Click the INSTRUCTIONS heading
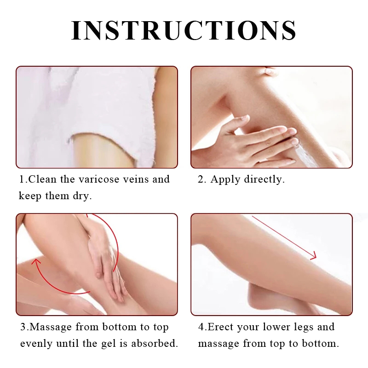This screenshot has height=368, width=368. coord(184,30)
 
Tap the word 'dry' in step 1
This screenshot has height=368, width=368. coord(82,196)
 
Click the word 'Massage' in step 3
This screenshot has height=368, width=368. coord(51,328)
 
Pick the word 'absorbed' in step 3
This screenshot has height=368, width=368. coord(154,344)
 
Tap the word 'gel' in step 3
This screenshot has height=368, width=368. coord(109,344)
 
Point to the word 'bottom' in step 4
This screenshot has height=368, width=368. coord(320,344)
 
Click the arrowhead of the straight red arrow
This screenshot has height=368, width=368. coord(314,256)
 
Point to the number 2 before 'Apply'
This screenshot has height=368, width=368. coord(201,179)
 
